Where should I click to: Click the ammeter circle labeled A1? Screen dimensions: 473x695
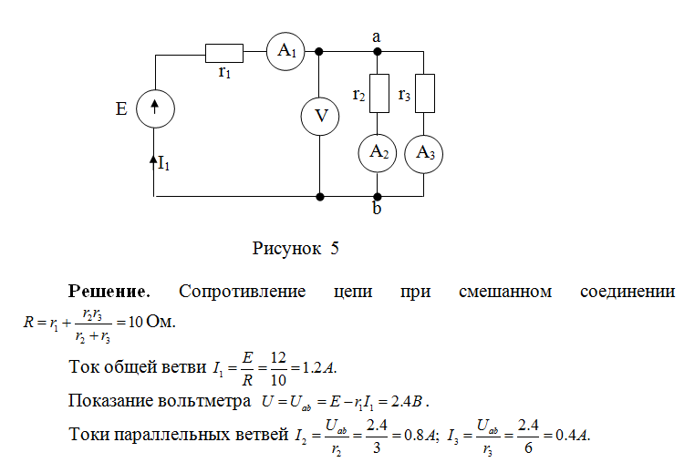286,52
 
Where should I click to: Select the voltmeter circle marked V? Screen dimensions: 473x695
320,117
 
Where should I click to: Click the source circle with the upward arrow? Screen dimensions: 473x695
155,108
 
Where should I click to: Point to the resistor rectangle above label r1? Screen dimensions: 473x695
223,52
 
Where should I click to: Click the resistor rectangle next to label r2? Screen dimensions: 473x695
379,94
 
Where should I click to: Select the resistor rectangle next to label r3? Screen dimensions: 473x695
425,94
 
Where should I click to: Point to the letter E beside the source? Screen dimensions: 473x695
121,108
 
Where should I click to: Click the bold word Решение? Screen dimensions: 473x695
109,293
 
